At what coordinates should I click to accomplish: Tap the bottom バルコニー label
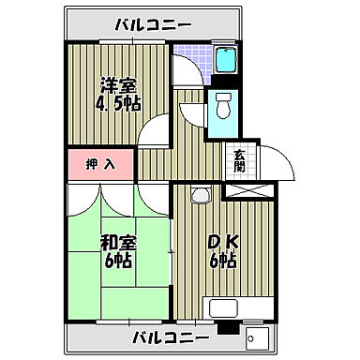coord(169,337)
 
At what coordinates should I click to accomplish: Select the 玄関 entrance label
coord(238,160)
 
